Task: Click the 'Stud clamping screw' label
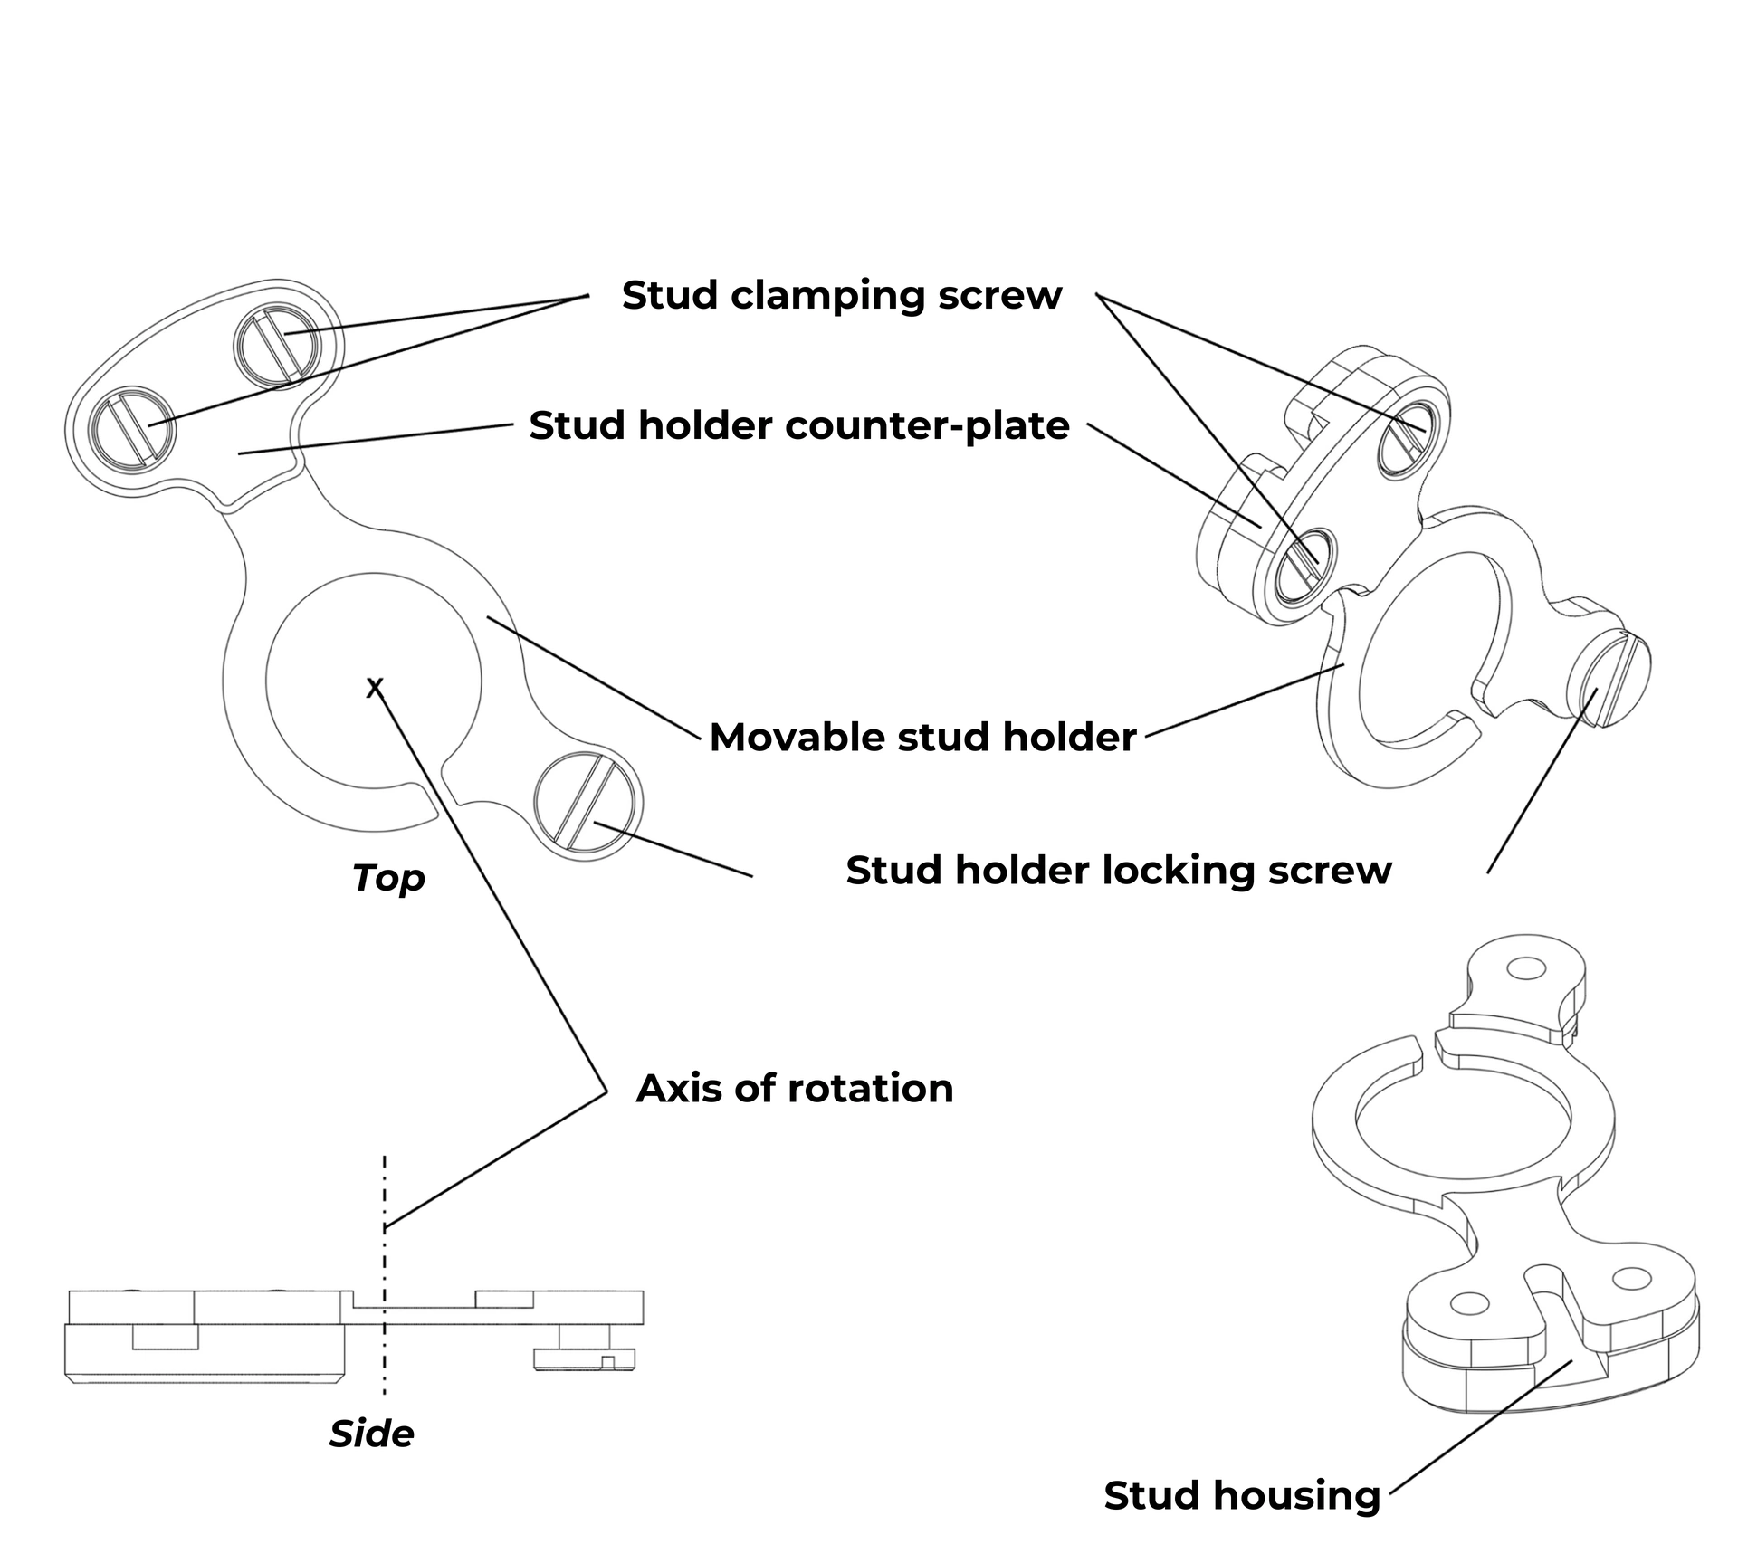point(841,296)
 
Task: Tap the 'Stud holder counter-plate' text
point(799,425)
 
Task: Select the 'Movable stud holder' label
point(922,737)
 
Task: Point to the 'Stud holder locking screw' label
point(1119,870)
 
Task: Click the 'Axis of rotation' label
point(795,1088)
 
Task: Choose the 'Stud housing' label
point(1242,1495)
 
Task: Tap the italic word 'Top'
point(388,878)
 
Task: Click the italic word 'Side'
point(371,1434)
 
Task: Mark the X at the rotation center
point(375,689)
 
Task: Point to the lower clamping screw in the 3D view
point(1305,567)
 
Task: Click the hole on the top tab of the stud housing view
point(1526,968)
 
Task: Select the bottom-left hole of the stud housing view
point(1469,1304)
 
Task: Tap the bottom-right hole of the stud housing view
point(1632,1279)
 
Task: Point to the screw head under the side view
point(585,1358)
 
